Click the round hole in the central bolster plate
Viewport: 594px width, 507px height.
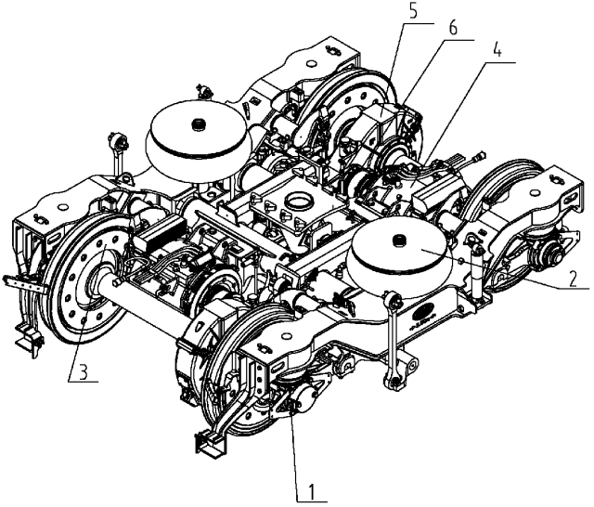pyautogui.click(x=301, y=199)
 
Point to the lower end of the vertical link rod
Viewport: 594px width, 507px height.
pyautogui.click(x=394, y=382)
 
